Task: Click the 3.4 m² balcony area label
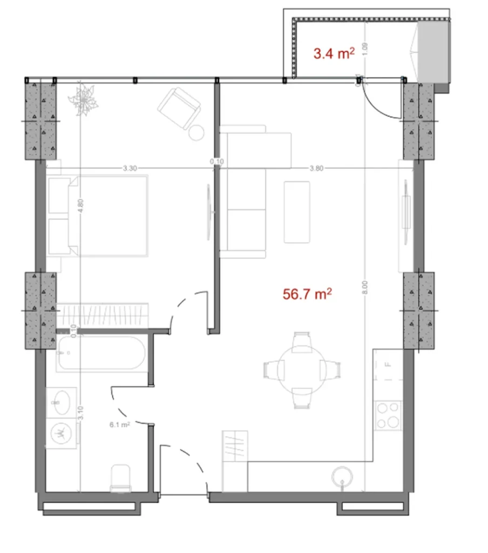334,53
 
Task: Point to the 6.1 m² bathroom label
119,424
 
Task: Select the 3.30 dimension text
128,168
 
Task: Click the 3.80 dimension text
316,168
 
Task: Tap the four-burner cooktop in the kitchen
389,415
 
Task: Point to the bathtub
101,354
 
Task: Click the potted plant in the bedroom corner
84,99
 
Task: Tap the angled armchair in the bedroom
179,107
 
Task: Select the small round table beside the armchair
196,132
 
